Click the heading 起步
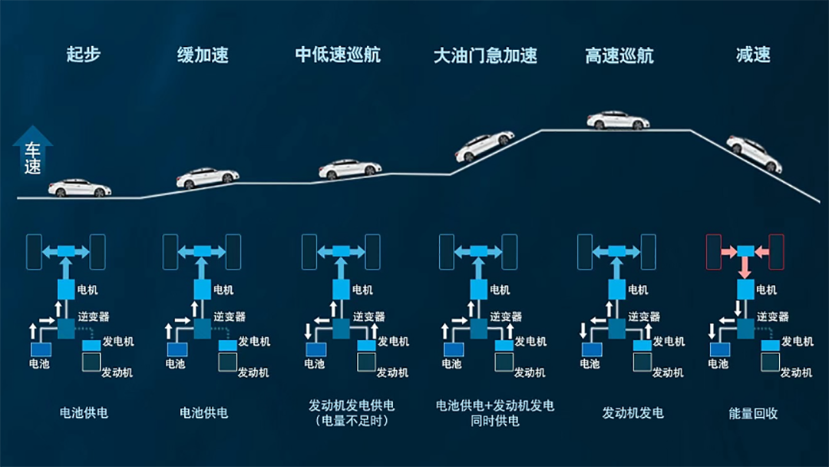83,55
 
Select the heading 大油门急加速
485,55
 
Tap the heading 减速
752,55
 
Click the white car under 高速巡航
618,121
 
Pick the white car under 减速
754,154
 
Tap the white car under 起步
80,187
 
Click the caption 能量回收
753,413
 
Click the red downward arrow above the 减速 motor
745,269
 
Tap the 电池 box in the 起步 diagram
39,349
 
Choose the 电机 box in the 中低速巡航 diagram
340,290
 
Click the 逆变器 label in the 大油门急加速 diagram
506,316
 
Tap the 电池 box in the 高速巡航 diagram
590,349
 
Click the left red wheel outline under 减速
713,251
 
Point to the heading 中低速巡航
338,55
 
